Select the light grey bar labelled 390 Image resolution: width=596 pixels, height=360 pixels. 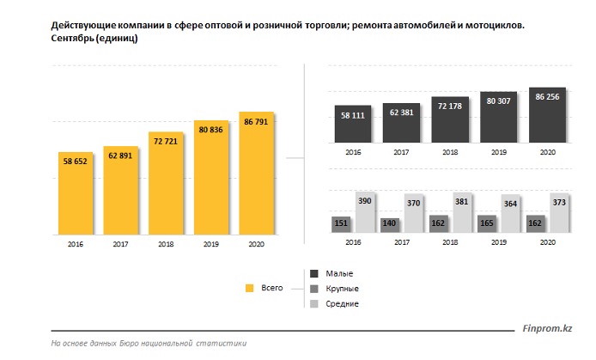tap(365, 213)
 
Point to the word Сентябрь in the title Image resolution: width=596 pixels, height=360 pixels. tap(76, 40)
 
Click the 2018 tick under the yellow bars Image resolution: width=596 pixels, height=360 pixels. tap(166, 244)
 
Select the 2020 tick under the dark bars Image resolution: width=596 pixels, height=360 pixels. tap(547, 151)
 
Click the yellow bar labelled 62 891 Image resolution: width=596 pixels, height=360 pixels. tap(120, 188)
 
